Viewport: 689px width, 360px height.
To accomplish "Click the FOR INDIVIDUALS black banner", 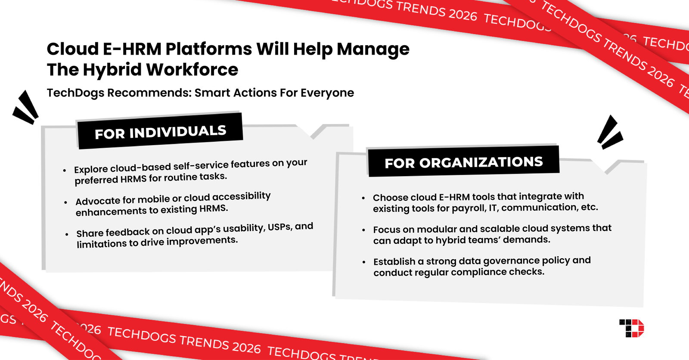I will tap(160, 132).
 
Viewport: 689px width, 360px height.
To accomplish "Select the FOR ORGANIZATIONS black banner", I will tap(463, 162).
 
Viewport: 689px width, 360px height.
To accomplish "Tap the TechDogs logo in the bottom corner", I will tap(632, 328).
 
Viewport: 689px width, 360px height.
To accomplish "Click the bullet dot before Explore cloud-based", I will tap(65, 171).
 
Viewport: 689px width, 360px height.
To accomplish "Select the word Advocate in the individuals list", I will tap(98, 201).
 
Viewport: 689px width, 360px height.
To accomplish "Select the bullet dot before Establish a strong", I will tap(364, 262).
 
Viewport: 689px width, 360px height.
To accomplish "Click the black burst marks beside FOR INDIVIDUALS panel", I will tap(26, 108).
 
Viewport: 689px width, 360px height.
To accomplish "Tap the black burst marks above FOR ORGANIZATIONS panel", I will tap(610, 133).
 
